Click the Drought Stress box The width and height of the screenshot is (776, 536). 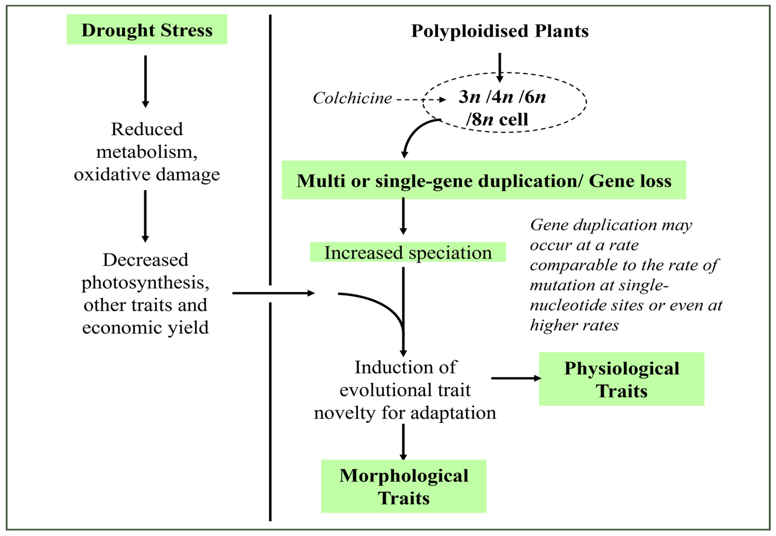pyautogui.click(x=147, y=30)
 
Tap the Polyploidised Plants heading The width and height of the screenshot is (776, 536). pyautogui.click(x=500, y=31)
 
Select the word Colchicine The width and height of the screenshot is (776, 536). pyautogui.click(x=352, y=98)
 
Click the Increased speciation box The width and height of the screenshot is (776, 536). pyautogui.click(x=408, y=252)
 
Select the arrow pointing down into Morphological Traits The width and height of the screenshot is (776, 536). pyautogui.click(x=403, y=442)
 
